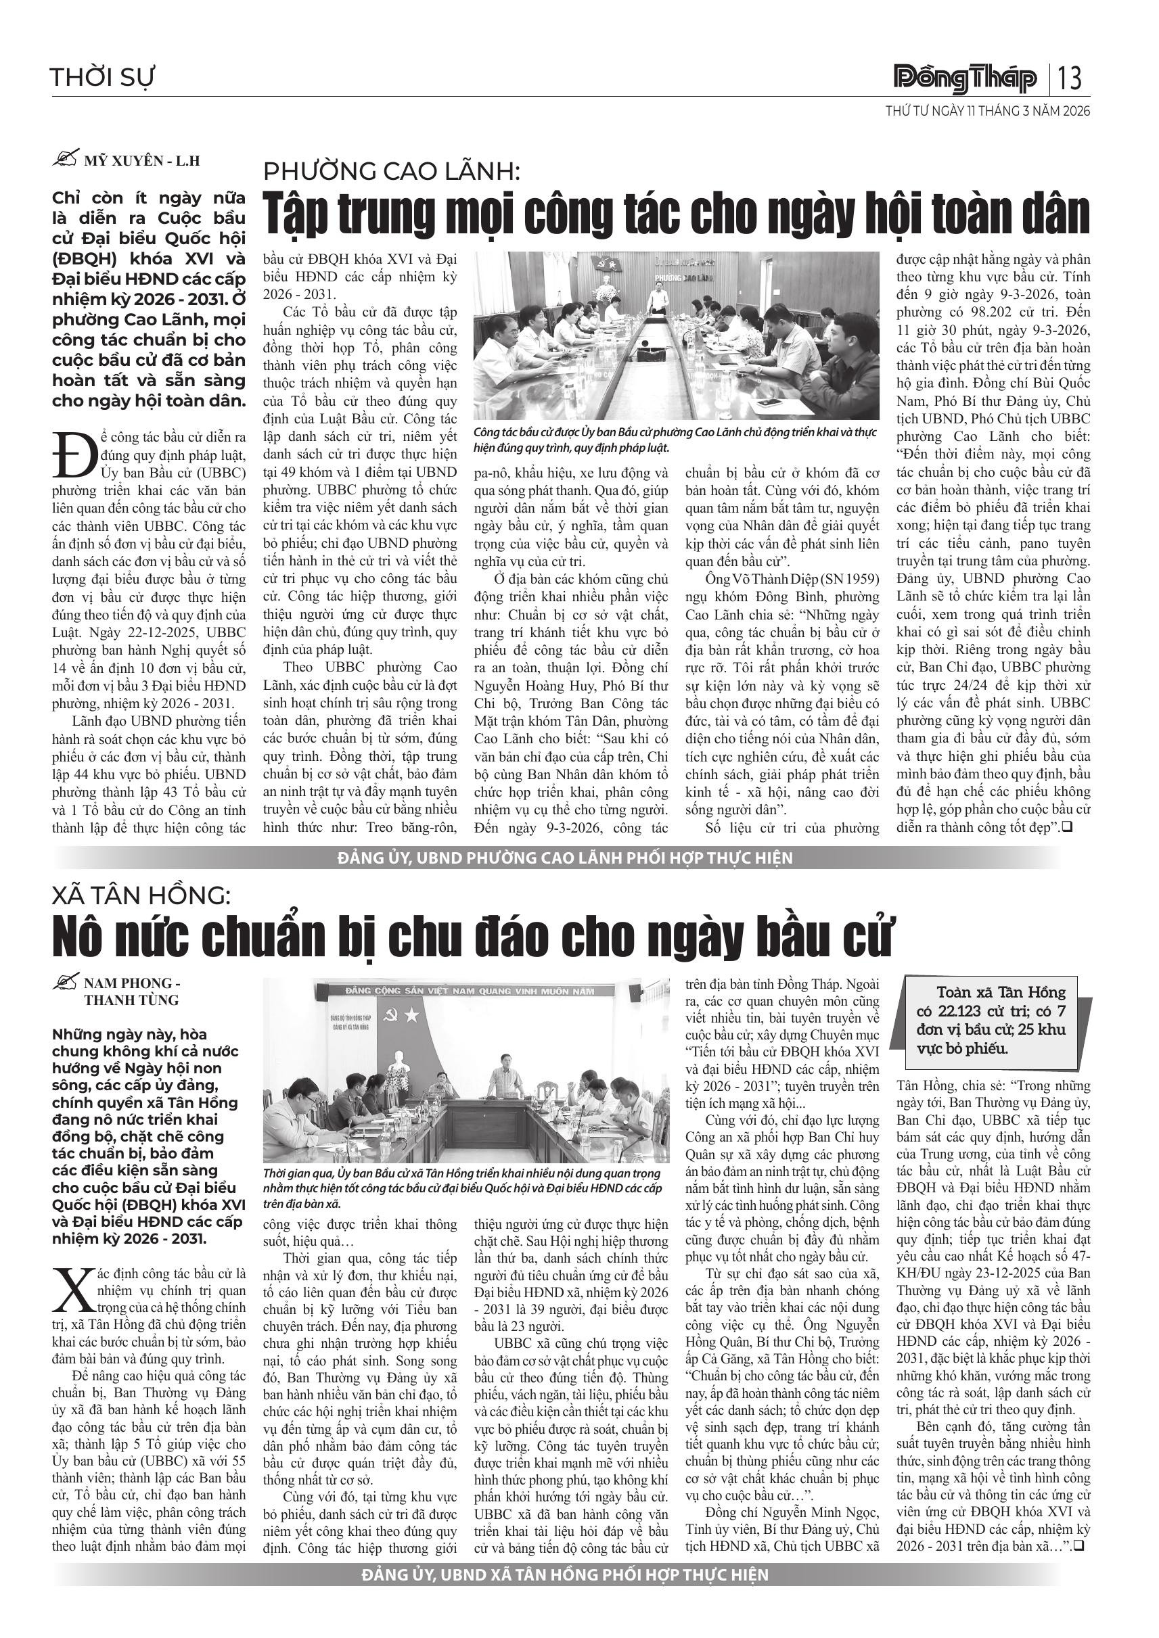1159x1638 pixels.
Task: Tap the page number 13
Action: tap(1070, 78)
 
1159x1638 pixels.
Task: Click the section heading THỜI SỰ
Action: tap(102, 77)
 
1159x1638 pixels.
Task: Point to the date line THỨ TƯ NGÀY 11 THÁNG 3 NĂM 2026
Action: tap(988, 112)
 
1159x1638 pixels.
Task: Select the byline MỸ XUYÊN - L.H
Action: tap(142, 161)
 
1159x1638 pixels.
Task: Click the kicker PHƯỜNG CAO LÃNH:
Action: tap(392, 172)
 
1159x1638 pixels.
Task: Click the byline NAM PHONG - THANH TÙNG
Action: tap(131, 991)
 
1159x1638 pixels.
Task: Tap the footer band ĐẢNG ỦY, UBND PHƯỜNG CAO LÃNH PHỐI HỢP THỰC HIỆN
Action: tap(565, 858)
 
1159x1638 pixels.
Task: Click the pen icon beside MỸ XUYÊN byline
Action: tap(66, 160)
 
